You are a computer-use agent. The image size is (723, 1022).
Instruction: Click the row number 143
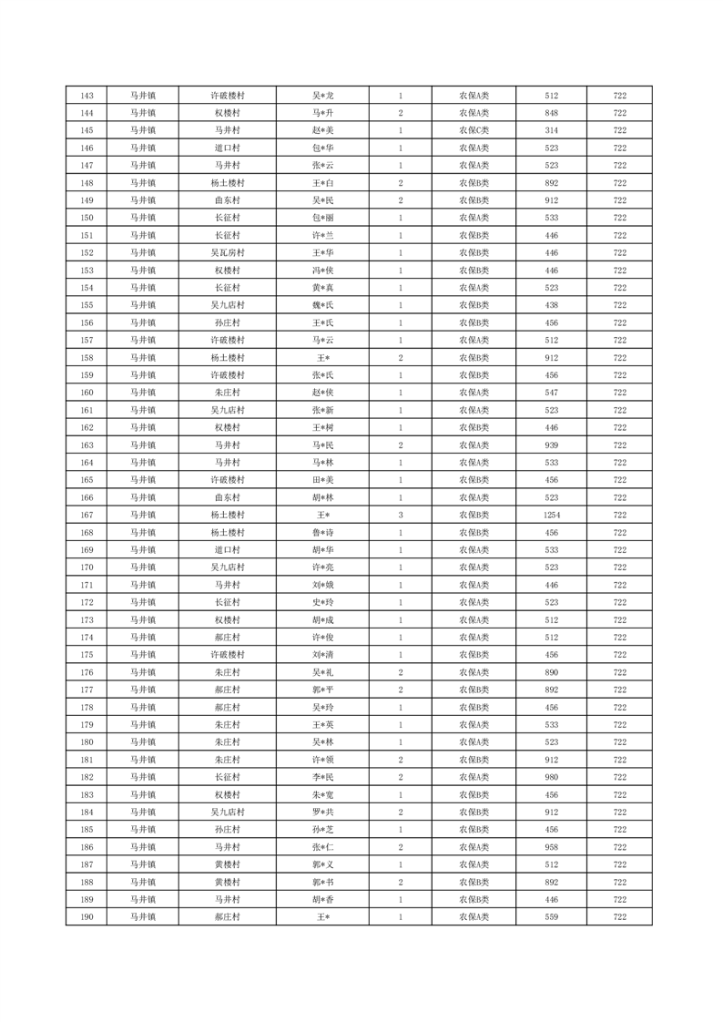(87, 96)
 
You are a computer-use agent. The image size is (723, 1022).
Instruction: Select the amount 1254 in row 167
(551, 515)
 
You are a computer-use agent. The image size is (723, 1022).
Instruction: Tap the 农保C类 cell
(474, 130)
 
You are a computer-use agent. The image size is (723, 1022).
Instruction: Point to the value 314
(551, 130)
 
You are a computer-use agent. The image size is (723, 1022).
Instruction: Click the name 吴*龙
(323, 96)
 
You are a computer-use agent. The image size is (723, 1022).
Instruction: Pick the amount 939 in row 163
(551, 445)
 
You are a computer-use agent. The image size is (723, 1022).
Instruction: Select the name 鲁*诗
(323, 533)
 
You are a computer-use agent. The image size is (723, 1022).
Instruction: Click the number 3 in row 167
(401, 515)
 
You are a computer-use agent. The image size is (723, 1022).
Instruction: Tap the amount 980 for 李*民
(551, 777)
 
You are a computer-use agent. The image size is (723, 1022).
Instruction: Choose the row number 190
(87, 916)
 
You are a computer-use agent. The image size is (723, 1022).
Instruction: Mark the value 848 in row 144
(551, 113)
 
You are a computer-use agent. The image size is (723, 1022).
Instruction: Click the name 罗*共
(323, 812)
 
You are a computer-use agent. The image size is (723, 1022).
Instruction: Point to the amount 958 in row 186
(551, 847)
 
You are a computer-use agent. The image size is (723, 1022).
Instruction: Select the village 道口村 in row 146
(227, 148)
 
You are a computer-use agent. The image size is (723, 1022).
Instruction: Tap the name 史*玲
(323, 602)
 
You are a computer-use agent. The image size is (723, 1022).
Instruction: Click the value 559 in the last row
(551, 916)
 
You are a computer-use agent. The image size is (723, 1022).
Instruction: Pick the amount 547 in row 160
(551, 393)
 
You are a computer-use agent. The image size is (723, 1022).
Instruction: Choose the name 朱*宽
(323, 794)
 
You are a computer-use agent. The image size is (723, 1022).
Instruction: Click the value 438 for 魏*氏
(551, 305)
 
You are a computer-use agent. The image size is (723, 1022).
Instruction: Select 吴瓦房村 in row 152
(227, 252)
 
